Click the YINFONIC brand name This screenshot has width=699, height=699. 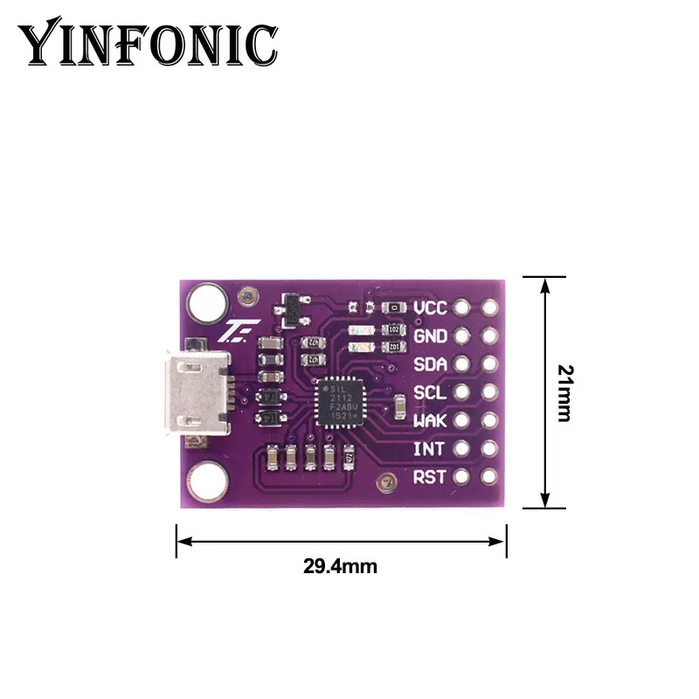149,44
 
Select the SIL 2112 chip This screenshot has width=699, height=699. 336,401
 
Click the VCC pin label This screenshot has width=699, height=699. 431,308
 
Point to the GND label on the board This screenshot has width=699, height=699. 431,336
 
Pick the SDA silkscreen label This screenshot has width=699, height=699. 431,364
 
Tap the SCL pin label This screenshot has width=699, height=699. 431,392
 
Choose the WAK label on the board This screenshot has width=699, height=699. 431,420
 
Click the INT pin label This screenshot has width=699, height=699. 431,448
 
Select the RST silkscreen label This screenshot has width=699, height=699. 431,476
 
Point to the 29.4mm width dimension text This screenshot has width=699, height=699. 341,566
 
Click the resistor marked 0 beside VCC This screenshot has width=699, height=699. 396,308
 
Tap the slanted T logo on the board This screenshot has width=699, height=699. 233,331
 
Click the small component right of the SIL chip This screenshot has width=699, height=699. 399,409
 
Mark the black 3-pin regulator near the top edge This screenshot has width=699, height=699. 289,308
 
